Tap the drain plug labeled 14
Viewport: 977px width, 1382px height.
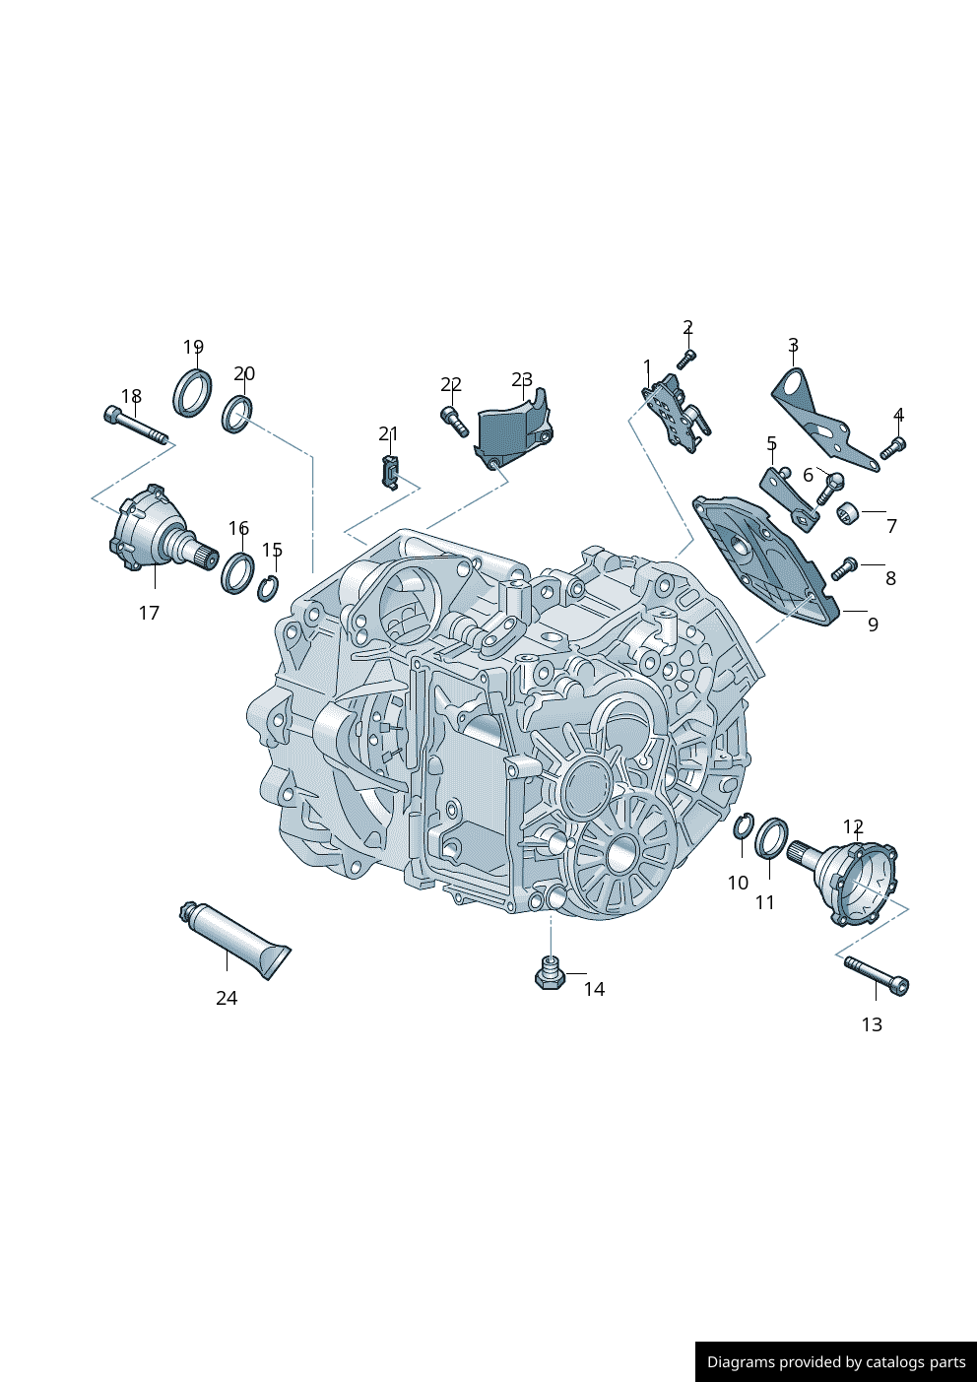point(550,973)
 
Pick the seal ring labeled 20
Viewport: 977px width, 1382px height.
point(237,413)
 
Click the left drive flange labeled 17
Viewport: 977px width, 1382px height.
point(153,532)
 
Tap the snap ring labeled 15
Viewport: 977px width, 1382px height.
point(268,589)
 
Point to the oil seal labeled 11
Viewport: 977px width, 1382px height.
point(771,837)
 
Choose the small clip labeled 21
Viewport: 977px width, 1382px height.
point(389,472)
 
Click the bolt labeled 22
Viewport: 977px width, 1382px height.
point(454,421)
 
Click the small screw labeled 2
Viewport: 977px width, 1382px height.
point(687,358)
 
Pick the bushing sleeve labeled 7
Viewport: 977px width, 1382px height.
point(847,512)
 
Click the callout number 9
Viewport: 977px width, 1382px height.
point(873,625)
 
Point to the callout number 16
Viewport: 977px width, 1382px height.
point(238,529)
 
